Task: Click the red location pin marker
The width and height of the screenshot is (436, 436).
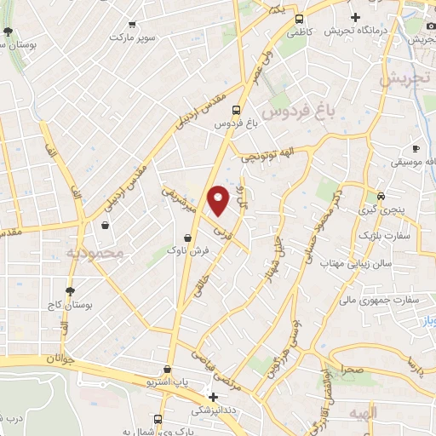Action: tap(220, 198)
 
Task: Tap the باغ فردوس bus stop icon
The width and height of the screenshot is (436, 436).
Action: tap(236, 110)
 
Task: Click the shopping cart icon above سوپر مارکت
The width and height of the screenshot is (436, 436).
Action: tap(132, 25)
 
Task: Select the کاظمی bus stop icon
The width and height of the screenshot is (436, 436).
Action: tap(299, 20)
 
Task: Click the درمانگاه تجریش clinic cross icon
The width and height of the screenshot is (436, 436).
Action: tap(355, 17)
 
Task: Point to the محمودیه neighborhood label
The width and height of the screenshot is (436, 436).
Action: tap(95, 253)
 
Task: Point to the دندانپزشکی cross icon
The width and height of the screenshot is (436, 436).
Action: tap(214, 397)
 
